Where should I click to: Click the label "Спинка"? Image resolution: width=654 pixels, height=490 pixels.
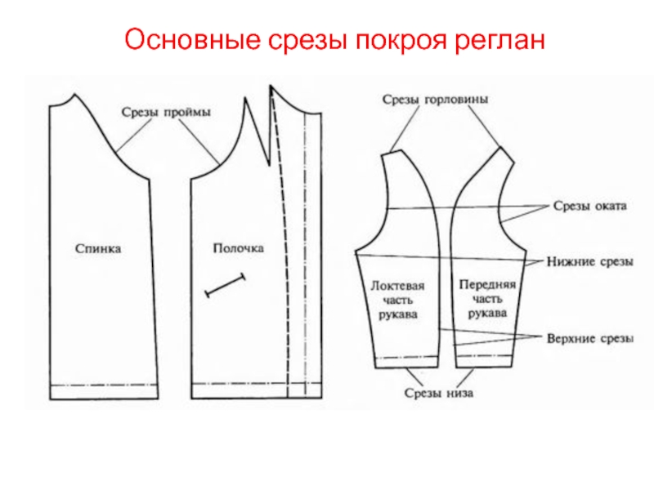(x=98, y=248)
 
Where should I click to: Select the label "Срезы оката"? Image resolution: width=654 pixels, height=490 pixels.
(x=589, y=207)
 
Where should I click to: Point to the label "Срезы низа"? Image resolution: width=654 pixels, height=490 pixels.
(x=438, y=393)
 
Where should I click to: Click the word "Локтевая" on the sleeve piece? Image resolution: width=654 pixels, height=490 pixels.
(x=398, y=286)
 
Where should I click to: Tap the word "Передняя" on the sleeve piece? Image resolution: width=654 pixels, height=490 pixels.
(x=486, y=286)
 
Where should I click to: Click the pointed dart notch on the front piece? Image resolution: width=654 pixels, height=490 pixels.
(x=263, y=147)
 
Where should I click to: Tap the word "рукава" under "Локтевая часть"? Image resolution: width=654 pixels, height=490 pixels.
(x=398, y=314)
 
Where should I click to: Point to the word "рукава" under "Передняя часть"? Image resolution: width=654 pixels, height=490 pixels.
(x=486, y=314)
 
